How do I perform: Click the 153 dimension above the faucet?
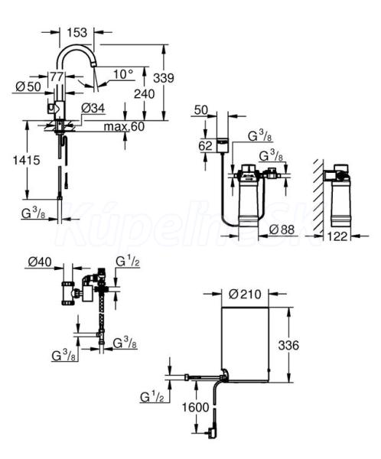pos(77,32)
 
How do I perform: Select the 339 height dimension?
pos(164,78)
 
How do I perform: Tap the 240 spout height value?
pos(144,94)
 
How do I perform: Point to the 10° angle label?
pos(123,74)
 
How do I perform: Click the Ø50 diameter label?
pos(28,86)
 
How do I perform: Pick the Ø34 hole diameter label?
pos(93,109)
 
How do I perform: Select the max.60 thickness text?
pos(124,126)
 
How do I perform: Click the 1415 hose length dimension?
pos(26,160)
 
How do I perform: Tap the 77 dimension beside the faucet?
pos(57,76)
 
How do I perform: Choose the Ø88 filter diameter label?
pos(282,229)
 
